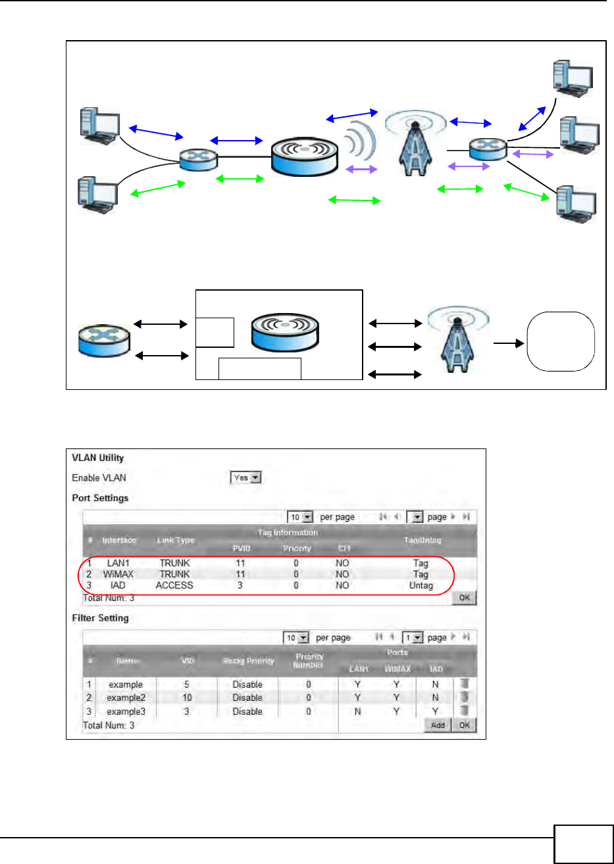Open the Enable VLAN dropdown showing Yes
click(x=247, y=478)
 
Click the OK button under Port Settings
click(x=465, y=598)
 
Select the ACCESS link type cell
click(x=174, y=585)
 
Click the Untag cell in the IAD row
click(x=421, y=585)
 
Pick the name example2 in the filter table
click(x=126, y=698)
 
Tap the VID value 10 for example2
click(x=187, y=698)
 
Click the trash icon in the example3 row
click(x=465, y=711)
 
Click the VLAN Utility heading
click(x=98, y=458)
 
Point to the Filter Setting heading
click(x=100, y=618)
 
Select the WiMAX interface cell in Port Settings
click(x=118, y=574)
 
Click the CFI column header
click(x=344, y=548)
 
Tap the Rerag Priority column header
click(x=247, y=661)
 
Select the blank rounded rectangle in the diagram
click(x=561, y=341)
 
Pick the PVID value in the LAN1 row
click(x=240, y=563)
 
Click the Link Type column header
click(x=176, y=540)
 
